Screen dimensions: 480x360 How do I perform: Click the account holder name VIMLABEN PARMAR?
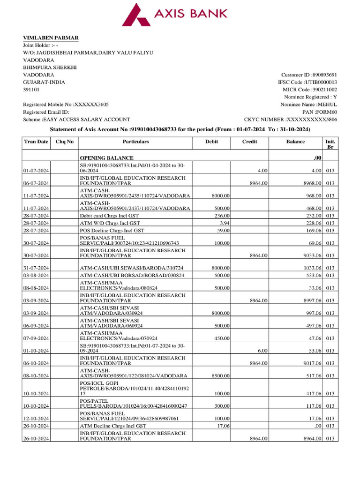click(51, 37)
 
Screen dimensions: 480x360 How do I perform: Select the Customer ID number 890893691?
click(325, 75)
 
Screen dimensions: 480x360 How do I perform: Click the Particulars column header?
click(135, 141)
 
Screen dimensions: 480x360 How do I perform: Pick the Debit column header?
click(211, 141)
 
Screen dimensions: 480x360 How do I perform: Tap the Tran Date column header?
click(36, 141)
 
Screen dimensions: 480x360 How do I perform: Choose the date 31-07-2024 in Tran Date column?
click(37, 268)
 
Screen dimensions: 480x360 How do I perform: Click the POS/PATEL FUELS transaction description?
click(133, 403)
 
